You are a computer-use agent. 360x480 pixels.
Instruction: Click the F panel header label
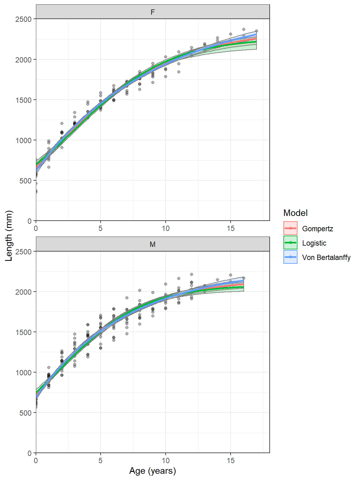click(152, 12)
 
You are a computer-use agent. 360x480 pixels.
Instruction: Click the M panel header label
click(152, 244)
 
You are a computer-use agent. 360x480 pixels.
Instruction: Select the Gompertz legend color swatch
click(290, 228)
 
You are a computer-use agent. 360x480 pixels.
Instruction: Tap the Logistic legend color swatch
click(290, 243)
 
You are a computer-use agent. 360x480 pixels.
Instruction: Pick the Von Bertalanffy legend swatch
click(290, 257)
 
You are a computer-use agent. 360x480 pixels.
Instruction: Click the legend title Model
click(295, 213)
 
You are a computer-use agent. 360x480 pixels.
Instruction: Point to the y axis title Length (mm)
click(9, 236)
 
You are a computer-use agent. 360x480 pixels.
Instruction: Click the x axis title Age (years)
click(152, 471)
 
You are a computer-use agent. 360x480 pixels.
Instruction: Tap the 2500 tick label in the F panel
click(23, 19)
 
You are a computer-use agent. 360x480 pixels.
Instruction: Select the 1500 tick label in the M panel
click(23, 332)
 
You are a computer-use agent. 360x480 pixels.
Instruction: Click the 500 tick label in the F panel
click(25, 181)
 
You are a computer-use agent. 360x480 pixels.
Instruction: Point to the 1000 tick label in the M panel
click(23, 373)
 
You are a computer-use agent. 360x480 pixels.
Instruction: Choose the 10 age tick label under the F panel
click(166, 228)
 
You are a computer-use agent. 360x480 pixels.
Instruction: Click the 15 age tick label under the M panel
click(231, 461)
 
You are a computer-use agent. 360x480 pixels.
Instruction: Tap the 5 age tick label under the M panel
click(101, 461)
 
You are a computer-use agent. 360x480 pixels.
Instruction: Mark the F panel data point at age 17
click(257, 31)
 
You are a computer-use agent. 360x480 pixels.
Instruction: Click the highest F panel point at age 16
click(244, 29)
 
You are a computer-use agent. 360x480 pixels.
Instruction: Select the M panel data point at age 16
click(244, 278)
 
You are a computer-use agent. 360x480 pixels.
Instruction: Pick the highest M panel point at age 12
click(192, 274)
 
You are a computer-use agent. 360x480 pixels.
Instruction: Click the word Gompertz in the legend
click(317, 229)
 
